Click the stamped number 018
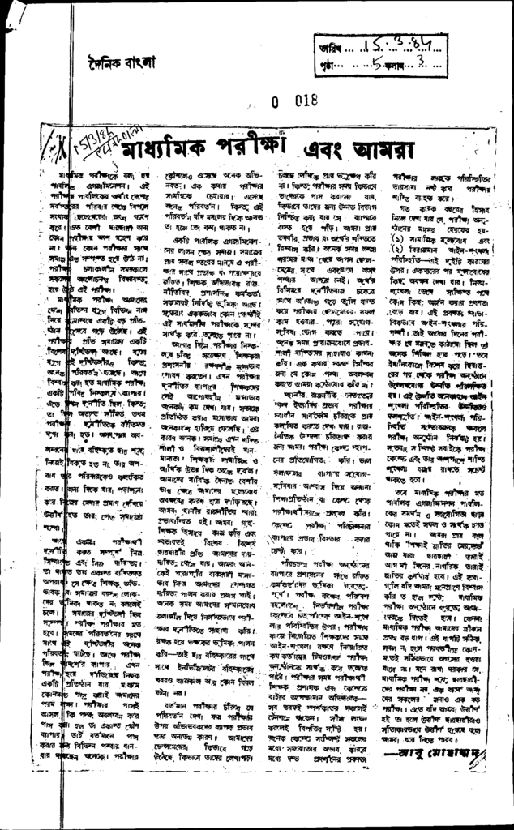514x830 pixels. pyautogui.click(x=302, y=101)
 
